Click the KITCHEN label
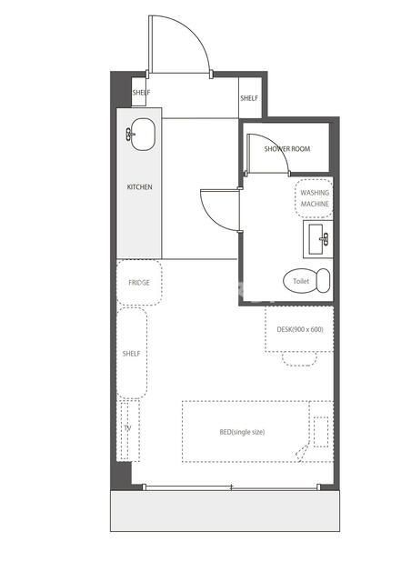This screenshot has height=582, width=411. [140, 186]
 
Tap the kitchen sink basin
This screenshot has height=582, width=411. [143, 134]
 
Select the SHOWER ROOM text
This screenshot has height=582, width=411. [287, 149]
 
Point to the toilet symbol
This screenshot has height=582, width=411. [306, 280]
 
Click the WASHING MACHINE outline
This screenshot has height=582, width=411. [314, 198]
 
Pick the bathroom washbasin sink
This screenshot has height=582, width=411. [318, 239]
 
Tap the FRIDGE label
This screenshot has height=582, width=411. [139, 283]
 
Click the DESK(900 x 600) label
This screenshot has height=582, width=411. [300, 329]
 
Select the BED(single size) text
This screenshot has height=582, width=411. [242, 432]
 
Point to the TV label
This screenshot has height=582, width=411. [127, 428]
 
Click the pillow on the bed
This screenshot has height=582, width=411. [321, 432]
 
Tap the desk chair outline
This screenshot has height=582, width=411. [300, 359]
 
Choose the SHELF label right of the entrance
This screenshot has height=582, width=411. [249, 98]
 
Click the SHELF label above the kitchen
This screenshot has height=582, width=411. [141, 93]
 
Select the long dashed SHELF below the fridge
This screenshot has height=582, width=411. [132, 353]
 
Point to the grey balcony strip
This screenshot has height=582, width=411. [225, 511]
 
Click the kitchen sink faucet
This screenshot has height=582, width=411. [130, 134]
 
